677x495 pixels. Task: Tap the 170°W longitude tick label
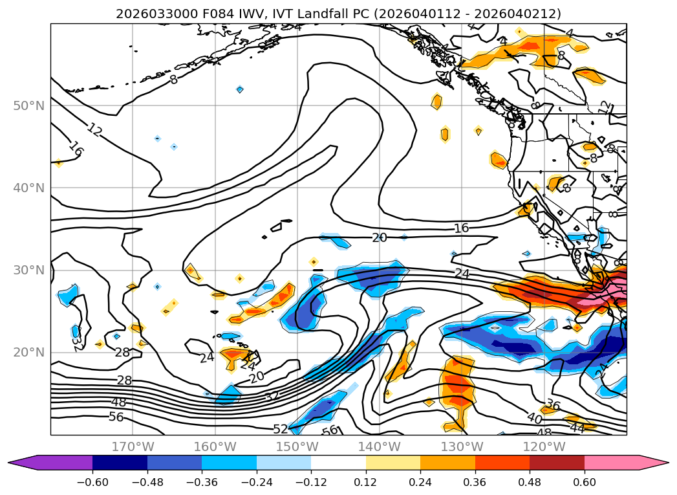coord(133,446)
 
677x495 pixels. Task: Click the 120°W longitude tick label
coord(544,446)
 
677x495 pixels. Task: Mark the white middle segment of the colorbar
coord(338,463)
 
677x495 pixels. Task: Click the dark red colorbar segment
coord(557,463)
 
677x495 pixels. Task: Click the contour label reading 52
coord(281,428)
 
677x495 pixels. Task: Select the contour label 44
coord(577,428)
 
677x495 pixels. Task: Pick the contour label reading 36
coord(552,406)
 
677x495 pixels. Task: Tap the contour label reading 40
coord(534,418)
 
